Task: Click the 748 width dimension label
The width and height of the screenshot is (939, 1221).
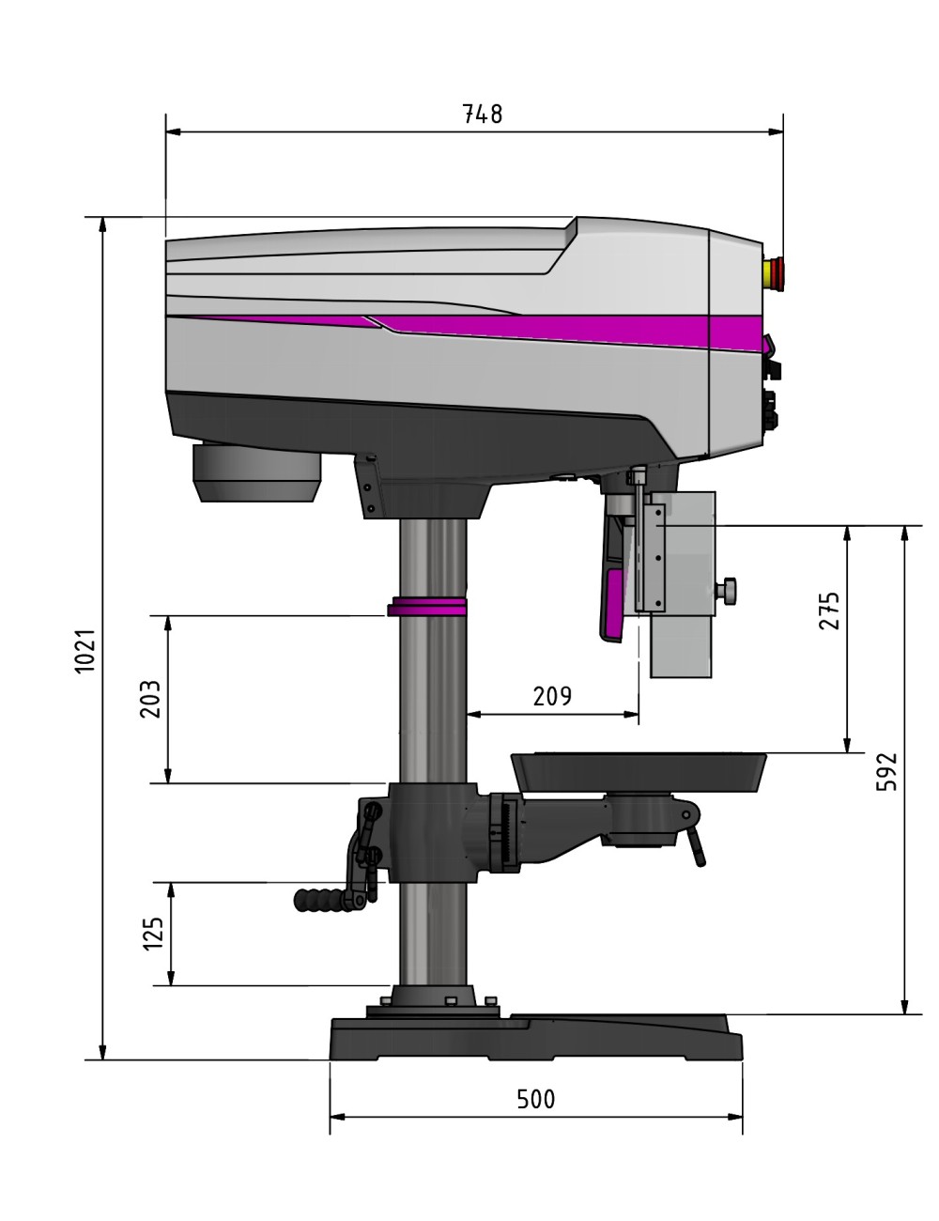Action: pyautogui.click(x=483, y=115)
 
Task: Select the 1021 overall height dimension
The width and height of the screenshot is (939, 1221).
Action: pyautogui.click(x=85, y=649)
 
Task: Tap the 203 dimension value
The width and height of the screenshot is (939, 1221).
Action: pyautogui.click(x=150, y=699)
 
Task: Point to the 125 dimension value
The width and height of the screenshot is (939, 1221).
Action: pyautogui.click(x=153, y=934)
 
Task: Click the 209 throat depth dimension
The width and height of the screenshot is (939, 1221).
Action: pyautogui.click(x=552, y=696)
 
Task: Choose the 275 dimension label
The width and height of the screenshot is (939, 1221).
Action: pyautogui.click(x=829, y=610)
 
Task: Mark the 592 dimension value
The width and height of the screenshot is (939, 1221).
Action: pyautogui.click(x=886, y=771)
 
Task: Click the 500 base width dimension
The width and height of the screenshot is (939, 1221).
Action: pyautogui.click(x=536, y=1099)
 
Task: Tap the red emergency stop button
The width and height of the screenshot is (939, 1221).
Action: pyautogui.click(x=777, y=272)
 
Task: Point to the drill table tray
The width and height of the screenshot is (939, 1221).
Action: pyautogui.click(x=639, y=770)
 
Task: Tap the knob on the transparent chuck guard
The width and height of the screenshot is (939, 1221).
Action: pyautogui.click(x=728, y=591)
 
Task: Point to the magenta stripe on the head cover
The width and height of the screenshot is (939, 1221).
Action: pyautogui.click(x=563, y=329)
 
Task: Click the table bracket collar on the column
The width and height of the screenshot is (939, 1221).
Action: pyautogui.click(x=427, y=831)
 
